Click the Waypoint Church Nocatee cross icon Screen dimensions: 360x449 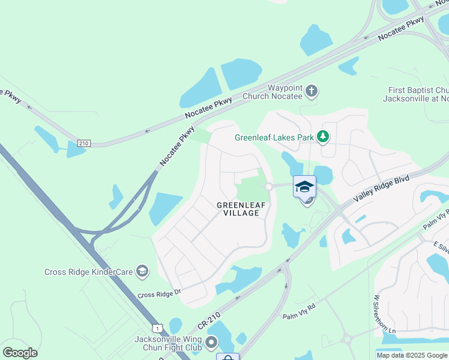pos(311,91)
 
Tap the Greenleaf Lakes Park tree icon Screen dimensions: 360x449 pos(324,137)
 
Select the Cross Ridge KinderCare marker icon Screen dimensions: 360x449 pos(142,272)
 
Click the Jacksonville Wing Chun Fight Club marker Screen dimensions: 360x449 pos(211,343)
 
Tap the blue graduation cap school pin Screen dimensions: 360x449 pos(304,187)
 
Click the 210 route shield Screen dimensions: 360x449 pos(83,143)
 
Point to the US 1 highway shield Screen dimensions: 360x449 pos(157,328)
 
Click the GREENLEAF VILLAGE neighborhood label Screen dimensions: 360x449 pos(238,209)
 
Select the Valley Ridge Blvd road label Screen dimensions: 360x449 pos(381,188)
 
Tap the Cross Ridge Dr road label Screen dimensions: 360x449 pos(159,294)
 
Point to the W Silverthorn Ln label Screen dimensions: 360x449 pos(378,316)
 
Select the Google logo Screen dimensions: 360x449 pos(20,352)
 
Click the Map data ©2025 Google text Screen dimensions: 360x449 pos(411,355)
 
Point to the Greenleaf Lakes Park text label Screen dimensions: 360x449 pos(274,137)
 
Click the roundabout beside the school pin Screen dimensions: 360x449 pos(269,187)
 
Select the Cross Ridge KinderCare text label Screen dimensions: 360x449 pos(88,272)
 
